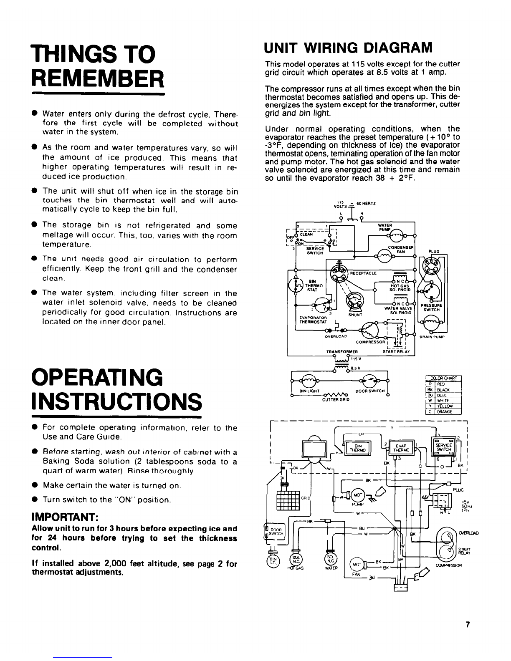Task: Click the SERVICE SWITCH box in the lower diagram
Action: pyautogui.click(x=443, y=447)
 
